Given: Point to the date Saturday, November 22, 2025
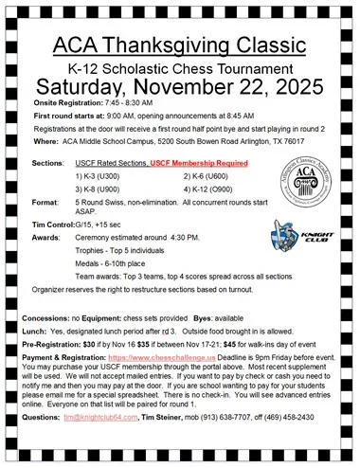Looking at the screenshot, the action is tap(180, 91).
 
